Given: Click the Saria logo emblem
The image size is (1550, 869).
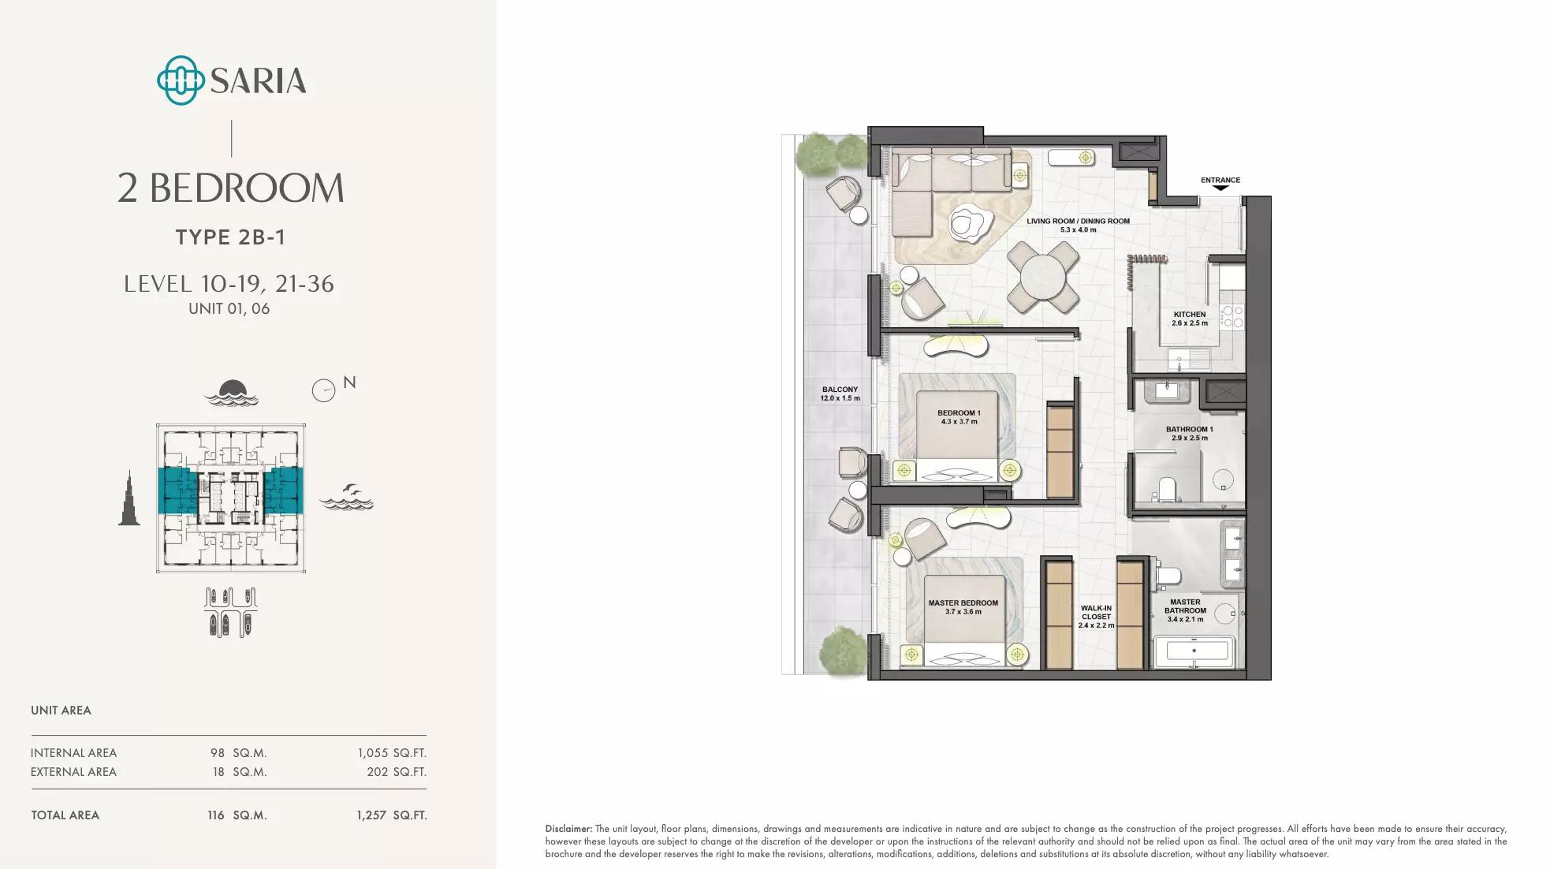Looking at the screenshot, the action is [x=181, y=80].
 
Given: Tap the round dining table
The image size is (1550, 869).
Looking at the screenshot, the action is [x=1043, y=277].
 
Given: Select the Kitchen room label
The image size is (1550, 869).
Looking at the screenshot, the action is [x=1190, y=319].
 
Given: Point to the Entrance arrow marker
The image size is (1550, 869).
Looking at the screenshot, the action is [x=1220, y=188].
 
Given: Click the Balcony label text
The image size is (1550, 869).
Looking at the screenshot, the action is [x=840, y=393].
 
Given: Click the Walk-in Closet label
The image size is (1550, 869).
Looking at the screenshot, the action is [x=1096, y=617].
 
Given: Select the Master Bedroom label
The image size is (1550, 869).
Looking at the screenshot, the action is [x=963, y=607].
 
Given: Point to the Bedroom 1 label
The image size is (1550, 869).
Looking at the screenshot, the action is [x=959, y=417].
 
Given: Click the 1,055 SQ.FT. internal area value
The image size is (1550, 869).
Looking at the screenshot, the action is [x=392, y=753].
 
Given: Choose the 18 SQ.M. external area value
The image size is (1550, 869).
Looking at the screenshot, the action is [x=240, y=772].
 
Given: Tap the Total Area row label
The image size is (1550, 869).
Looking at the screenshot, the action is [x=65, y=815].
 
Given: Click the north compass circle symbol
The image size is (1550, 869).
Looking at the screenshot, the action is [x=323, y=390].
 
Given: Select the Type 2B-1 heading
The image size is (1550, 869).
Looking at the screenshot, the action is [x=230, y=237].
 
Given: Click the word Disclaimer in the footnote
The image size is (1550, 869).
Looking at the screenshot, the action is [x=568, y=829].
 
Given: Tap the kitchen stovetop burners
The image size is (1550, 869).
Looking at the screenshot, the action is [x=1232, y=317].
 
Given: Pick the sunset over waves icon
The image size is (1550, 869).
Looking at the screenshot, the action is [x=231, y=393].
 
